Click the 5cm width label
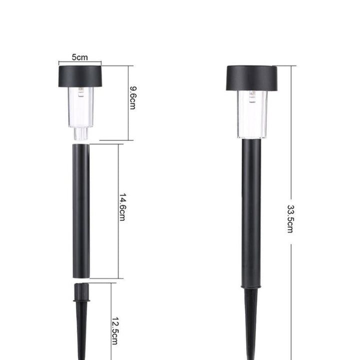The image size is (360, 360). click(79, 57)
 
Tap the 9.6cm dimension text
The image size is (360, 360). click(133, 98)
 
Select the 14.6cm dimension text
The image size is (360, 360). click(122, 207)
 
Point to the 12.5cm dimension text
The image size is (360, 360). click(115, 331)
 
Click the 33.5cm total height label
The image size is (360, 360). click(290, 219)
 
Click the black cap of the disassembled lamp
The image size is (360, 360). click(80, 76)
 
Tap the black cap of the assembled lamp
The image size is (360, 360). click(251, 78)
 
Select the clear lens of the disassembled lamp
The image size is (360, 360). click(81, 107)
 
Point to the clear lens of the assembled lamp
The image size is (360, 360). click(252, 114)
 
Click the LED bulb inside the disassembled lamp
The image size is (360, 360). click(81, 92)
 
